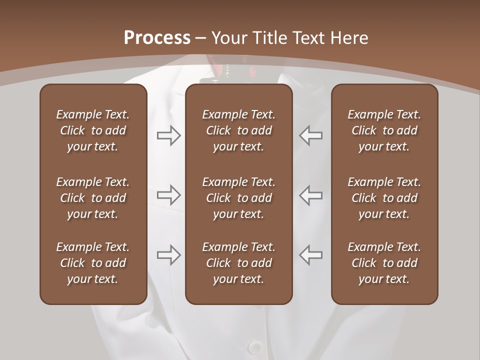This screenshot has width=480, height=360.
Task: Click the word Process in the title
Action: pyautogui.click(x=157, y=38)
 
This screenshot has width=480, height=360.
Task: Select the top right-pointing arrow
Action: pyautogui.click(x=168, y=135)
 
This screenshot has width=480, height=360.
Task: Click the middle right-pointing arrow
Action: pyautogui.click(x=168, y=195)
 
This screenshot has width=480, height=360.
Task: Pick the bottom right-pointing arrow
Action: pyautogui.click(x=168, y=255)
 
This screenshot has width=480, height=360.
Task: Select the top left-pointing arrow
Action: pyautogui.click(x=311, y=135)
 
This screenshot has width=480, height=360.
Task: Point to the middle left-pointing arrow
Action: pyautogui.click(x=311, y=195)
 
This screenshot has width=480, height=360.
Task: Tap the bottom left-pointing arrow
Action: pyautogui.click(x=311, y=255)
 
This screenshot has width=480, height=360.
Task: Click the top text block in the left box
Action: pyautogui.click(x=93, y=130)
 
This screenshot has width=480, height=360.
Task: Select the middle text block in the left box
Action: pyautogui.click(x=93, y=198)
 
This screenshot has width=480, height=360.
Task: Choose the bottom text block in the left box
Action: pyautogui.click(x=93, y=263)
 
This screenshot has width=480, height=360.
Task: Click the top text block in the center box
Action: pyautogui.click(x=238, y=130)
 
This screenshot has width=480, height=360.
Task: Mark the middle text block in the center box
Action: pyautogui.click(x=238, y=198)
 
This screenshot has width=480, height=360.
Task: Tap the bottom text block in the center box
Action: pyautogui.click(x=238, y=263)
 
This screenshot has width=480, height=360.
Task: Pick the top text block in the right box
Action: pyautogui.click(x=384, y=130)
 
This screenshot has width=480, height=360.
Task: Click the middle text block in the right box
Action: pyautogui.click(x=384, y=198)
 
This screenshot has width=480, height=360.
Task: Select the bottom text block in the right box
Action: pyautogui.click(x=384, y=263)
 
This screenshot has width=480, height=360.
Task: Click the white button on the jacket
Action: pyautogui.click(x=255, y=347)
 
